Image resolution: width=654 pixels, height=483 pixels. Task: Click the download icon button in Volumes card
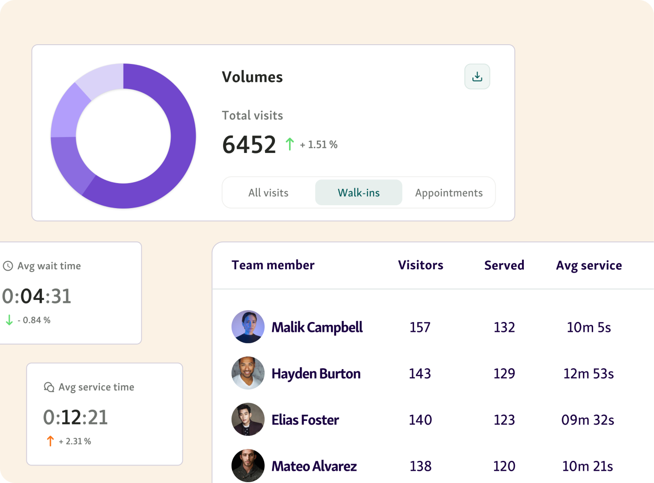[477, 76]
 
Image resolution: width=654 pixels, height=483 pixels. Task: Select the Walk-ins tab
[358, 193]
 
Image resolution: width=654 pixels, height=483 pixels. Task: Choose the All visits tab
[268, 193]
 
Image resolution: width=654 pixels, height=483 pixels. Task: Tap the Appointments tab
[448, 193]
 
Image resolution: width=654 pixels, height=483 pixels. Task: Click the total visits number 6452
[249, 145]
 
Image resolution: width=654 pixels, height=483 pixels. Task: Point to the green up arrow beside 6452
[290, 144]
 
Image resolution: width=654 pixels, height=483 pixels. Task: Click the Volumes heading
[252, 77]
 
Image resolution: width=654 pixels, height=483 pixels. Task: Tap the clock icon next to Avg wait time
[8, 266]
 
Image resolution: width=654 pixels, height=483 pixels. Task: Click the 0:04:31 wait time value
[37, 296]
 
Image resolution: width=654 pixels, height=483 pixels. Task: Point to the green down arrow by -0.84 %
[9, 320]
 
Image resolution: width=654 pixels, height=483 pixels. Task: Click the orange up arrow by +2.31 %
[50, 441]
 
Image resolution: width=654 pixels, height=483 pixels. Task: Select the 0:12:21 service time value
[75, 417]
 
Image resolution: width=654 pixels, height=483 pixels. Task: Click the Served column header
[504, 265]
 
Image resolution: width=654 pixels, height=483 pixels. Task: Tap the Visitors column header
[421, 265]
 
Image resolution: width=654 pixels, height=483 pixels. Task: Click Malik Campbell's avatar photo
[248, 327]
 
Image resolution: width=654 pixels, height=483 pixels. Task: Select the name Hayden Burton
[316, 373]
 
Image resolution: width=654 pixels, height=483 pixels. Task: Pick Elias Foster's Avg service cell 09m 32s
[588, 419]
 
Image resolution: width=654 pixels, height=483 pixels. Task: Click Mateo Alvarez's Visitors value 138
[420, 466]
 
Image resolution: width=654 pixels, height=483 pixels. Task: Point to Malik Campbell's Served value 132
[504, 327]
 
